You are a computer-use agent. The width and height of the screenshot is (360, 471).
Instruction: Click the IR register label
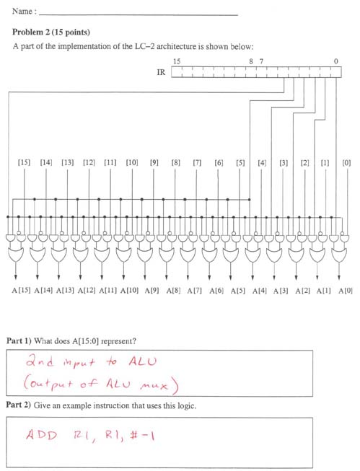[161, 72]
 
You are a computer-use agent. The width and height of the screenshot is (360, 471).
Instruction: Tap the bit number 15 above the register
[177, 61]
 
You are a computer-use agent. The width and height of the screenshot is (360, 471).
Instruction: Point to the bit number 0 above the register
[335, 61]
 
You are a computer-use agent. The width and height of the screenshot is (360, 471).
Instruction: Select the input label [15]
[24, 163]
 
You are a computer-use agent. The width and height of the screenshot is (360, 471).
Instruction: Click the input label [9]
[154, 163]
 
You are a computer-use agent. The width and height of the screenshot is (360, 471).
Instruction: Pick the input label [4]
[262, 163]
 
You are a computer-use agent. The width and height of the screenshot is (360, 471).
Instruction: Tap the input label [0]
[346, 163]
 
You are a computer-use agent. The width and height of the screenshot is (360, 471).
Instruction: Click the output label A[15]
[21, 291]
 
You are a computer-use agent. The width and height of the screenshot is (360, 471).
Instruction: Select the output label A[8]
[173, 291]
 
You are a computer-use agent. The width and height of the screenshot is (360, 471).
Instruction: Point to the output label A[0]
[346, 291]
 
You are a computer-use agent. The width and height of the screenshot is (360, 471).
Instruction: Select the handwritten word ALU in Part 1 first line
[143, 361]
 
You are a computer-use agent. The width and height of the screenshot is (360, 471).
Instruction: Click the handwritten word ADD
[41, 435]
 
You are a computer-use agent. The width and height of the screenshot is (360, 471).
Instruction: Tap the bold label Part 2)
[19, 405]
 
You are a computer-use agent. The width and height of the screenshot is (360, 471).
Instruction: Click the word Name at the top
[22, 12]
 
